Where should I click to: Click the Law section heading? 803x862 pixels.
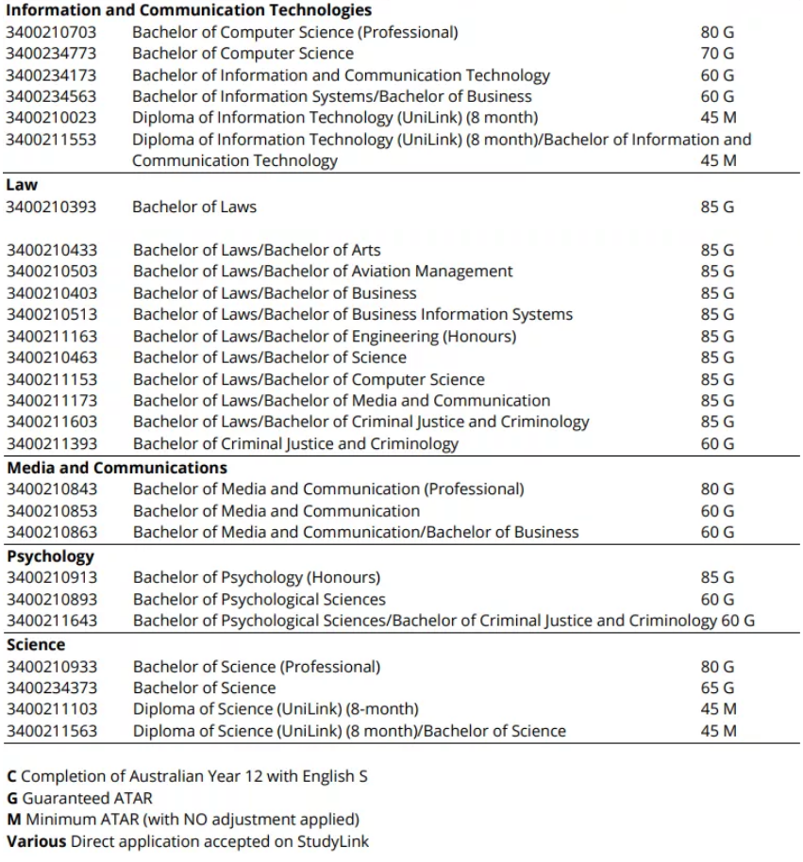(22, 185)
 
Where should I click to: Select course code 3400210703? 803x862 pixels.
(51, 32)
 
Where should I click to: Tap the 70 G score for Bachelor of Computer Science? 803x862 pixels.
(717, 54)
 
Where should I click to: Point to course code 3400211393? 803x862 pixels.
(51, 443)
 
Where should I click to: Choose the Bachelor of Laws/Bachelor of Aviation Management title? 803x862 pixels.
(323, 272)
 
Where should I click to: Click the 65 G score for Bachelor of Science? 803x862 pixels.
(717, 688)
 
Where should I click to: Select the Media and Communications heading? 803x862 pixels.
(117, 468)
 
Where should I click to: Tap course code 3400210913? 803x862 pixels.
(51, 577)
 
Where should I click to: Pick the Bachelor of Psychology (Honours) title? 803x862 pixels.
(257, 577)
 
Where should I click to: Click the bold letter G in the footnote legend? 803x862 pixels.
(12, 798)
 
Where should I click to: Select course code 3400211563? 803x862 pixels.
(51, 731)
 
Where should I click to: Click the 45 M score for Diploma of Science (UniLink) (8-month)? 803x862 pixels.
(717, 709)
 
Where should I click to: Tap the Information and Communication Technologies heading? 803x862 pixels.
(189, 10)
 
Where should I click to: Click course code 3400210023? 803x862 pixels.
(51, 118)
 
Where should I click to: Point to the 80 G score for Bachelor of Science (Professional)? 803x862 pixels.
(717, 667)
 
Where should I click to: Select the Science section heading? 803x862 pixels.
(36, 645)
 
